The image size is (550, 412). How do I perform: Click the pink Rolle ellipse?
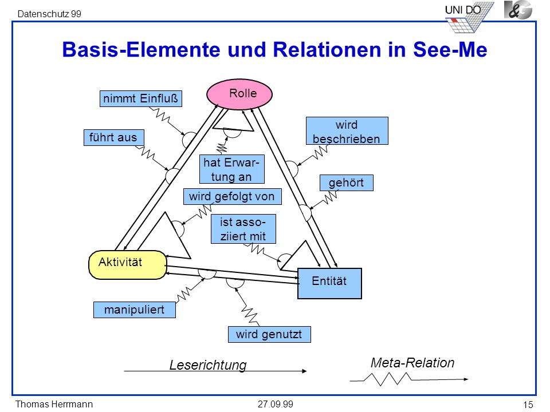tap(239, 94)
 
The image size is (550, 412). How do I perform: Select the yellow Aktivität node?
tap(128, 264)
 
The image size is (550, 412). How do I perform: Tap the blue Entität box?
tap(329, 283)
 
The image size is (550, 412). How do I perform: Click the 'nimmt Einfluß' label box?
tap(141, 98)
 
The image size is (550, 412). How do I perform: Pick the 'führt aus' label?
tap(113, 137)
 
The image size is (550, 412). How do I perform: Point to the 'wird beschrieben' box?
tap(347, 131)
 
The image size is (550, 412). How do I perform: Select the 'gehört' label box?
tap(346, 183)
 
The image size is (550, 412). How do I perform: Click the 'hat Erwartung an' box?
tap(232, 169)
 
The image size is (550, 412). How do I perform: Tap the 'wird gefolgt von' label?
tap(232, 196)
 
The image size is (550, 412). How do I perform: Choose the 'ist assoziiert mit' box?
tap(243, 229)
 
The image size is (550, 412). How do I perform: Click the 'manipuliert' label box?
tap(134, 310)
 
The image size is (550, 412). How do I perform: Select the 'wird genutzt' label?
tap(269, 334)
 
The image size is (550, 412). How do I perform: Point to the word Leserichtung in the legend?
tap(208, 365)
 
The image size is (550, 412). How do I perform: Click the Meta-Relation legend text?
tap(412, 363)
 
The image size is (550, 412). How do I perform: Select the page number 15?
tap(528, 405)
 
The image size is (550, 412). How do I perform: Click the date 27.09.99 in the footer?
tap(276, 405)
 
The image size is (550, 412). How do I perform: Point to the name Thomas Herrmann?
tap(54, 405)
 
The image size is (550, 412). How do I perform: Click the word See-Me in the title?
tap(450, 49)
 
